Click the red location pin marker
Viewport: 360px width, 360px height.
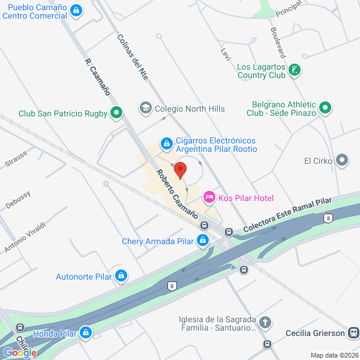point(180,169)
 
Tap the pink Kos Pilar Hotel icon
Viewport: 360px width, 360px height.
point(209,197)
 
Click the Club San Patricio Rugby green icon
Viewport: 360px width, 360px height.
point(116,113)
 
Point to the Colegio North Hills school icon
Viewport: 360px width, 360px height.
point(145,108)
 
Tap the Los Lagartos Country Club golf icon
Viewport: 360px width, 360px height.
point(294,71)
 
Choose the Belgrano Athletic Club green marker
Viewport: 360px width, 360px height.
point(325,108)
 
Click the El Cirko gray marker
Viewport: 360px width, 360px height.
point(342,160)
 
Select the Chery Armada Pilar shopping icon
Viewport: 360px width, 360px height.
point(203,241)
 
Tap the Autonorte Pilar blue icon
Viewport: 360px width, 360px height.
point(121,276)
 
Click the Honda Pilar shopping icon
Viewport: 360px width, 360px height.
point(86,332)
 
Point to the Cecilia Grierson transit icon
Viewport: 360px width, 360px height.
point(353,333)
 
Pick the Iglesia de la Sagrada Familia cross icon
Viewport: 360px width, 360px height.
point(266,324)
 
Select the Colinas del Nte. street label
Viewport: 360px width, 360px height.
point(128,56)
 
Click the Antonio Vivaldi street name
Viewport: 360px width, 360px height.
point(25,237)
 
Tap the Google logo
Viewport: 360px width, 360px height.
point(20,352)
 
